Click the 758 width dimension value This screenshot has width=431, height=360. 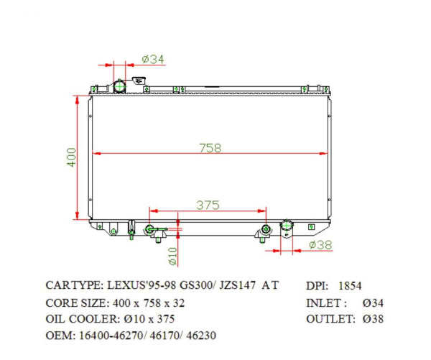coord(210,148)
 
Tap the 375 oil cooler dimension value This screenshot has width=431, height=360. coord(207,205)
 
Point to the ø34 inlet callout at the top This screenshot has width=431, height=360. coord(153,59)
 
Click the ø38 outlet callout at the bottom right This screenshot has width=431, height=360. coord(320,245)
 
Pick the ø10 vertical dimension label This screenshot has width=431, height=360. coord(173,254)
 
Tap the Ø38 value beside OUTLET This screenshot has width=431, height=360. coord(378,318)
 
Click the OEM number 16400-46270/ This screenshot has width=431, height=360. coord(109,335)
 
